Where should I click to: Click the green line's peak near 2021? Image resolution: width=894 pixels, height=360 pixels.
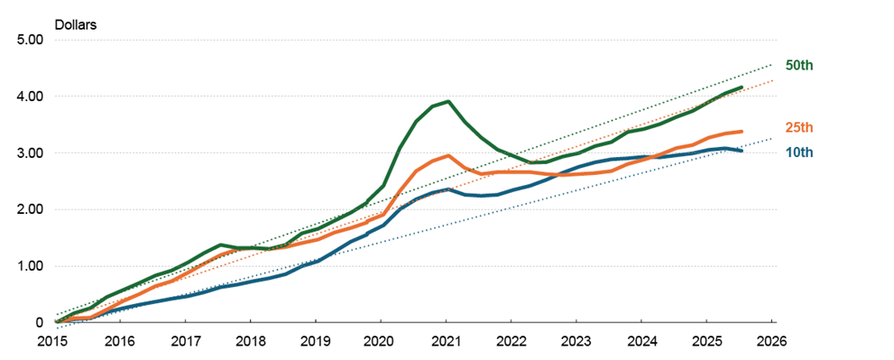448,101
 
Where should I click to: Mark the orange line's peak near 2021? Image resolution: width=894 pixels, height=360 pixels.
448,155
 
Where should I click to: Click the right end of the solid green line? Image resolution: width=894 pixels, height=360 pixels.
741,88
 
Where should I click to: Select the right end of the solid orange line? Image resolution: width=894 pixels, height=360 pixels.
741,132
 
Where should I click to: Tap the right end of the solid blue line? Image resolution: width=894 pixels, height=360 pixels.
741,151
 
